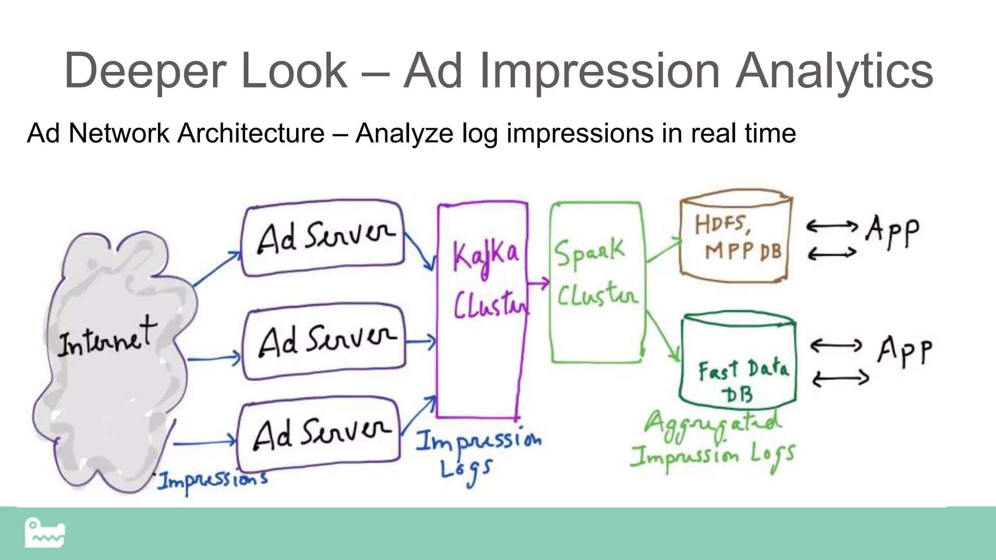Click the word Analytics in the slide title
click(834, 72)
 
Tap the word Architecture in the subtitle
click(251, 133)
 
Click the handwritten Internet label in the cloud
click(107, 338)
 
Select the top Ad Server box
click(324, 238)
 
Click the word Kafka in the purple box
click(485, 255)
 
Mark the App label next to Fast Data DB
click(905, 351)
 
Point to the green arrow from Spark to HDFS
click(664, 250)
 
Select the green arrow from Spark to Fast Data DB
click(662, 335)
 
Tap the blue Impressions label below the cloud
click(212, 481)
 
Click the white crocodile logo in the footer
click(45, 533)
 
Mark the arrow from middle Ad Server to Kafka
click(421, 342)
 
